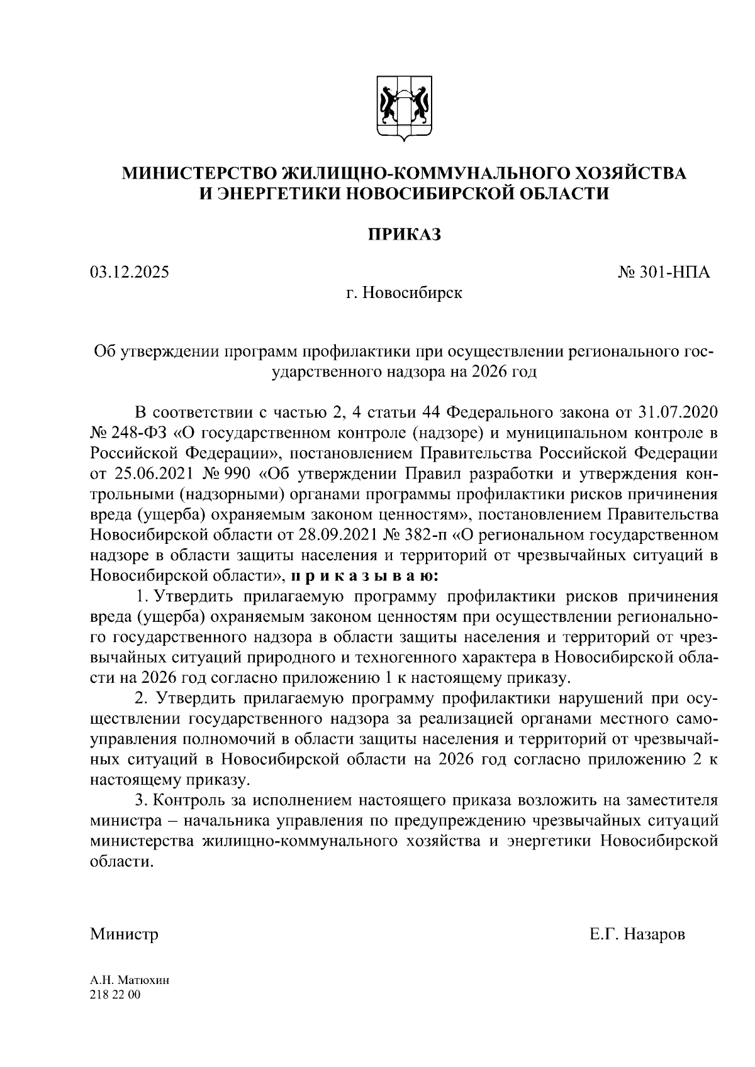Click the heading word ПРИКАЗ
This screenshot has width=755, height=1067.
pos(405,235)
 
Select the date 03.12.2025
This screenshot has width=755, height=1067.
pos(130,272)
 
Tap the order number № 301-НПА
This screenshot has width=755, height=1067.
pos(664,272)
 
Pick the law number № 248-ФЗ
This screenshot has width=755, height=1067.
pos(128,433)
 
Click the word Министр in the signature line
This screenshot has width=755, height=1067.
pos(124,934)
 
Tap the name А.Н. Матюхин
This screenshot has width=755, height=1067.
pos(130,980)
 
